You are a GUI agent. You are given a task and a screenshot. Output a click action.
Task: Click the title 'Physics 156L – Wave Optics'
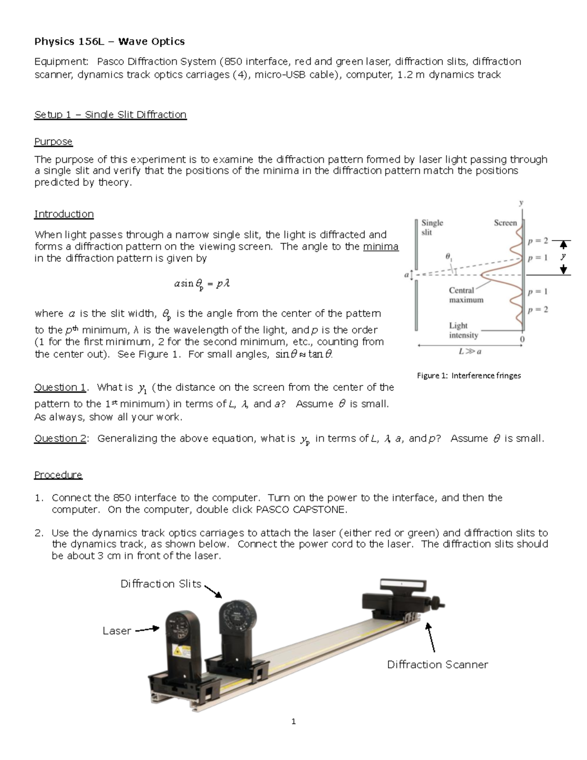(109, 42)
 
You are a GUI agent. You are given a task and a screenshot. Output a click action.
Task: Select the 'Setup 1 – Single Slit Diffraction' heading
(110, 114)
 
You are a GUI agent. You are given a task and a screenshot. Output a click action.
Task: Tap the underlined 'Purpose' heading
(53, 141)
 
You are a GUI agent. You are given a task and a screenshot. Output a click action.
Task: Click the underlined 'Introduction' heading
(64, 214)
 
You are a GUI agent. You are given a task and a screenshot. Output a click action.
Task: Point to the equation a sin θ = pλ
(202, 284)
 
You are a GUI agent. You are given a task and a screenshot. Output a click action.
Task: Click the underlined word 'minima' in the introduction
(381, 246)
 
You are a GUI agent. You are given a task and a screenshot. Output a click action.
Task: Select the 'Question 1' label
(60, 387)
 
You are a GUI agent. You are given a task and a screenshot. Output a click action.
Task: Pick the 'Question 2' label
(60, 438)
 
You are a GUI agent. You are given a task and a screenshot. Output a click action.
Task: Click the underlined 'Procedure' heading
(58, 475)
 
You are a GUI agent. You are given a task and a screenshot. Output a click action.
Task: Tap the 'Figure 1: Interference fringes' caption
(468, 376)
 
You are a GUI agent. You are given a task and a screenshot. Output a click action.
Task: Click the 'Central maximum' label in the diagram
(466, 295)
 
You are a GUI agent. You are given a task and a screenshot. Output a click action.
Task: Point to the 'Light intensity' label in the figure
(463, 330)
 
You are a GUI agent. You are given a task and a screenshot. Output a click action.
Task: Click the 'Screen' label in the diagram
(505, 223)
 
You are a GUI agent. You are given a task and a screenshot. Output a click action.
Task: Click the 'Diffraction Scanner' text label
(437, 664)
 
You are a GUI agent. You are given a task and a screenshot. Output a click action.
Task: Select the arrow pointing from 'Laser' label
(147, 629)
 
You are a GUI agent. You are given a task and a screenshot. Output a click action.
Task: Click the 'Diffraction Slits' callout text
(161, 584)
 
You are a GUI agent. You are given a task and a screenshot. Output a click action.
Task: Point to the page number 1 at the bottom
(293, 721)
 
